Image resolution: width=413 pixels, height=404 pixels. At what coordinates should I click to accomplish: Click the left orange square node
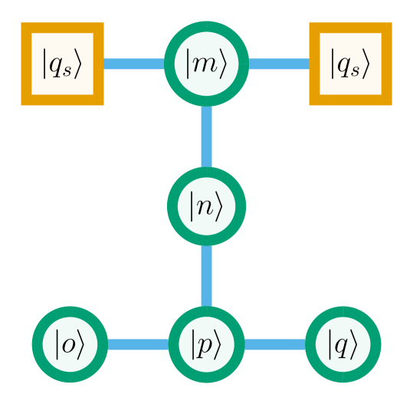click(62, 64)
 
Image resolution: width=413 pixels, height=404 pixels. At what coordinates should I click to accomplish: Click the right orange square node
click(350, 64)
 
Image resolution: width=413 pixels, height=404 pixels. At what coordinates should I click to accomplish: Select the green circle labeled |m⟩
click(206, 64)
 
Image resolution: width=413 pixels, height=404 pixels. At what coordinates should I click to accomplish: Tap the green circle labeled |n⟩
click(206, 205)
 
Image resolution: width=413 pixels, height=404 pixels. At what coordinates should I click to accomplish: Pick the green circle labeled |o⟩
click(69, 344)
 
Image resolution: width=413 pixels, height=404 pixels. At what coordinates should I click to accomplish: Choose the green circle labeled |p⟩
click(206, 344)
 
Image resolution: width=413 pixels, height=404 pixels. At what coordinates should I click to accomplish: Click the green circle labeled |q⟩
click(343, 344)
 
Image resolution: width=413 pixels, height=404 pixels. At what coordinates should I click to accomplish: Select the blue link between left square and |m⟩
click(134, 64)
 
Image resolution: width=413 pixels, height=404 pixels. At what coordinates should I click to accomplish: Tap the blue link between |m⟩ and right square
click(279, 64)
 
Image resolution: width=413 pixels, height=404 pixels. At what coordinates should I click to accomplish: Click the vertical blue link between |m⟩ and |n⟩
click(206, 136)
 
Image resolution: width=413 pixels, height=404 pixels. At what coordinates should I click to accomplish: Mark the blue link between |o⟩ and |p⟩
click(138, 344)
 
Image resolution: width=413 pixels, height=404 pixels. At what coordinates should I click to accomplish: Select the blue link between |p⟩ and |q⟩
click(274, 344)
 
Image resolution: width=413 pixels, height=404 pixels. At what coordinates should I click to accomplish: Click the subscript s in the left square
click(67, 71)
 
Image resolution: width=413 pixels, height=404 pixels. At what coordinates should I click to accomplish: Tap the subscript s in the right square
click(355, 71)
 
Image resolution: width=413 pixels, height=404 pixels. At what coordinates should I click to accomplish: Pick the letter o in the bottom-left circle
click(69, 346)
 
